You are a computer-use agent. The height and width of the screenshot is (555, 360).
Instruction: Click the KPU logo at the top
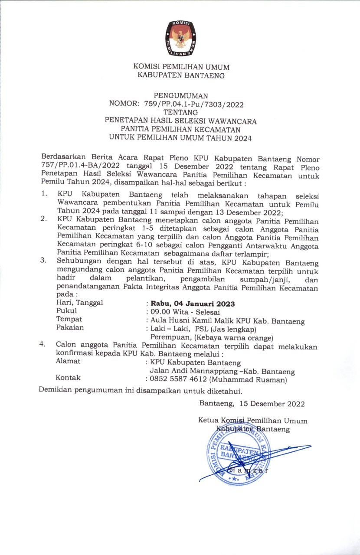pos(181,38)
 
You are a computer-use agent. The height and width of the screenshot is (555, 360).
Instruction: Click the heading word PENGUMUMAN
pos(181,96)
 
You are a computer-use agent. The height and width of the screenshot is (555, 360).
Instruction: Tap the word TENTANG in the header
pos(181,113)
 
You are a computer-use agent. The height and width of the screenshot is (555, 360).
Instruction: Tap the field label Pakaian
pos(70,328)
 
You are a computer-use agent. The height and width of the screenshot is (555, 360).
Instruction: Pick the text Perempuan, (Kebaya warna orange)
pos(211,337)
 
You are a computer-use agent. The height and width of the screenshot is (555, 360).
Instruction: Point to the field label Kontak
pos(69,378)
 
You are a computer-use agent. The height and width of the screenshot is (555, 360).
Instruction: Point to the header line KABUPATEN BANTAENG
pos(181,75)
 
